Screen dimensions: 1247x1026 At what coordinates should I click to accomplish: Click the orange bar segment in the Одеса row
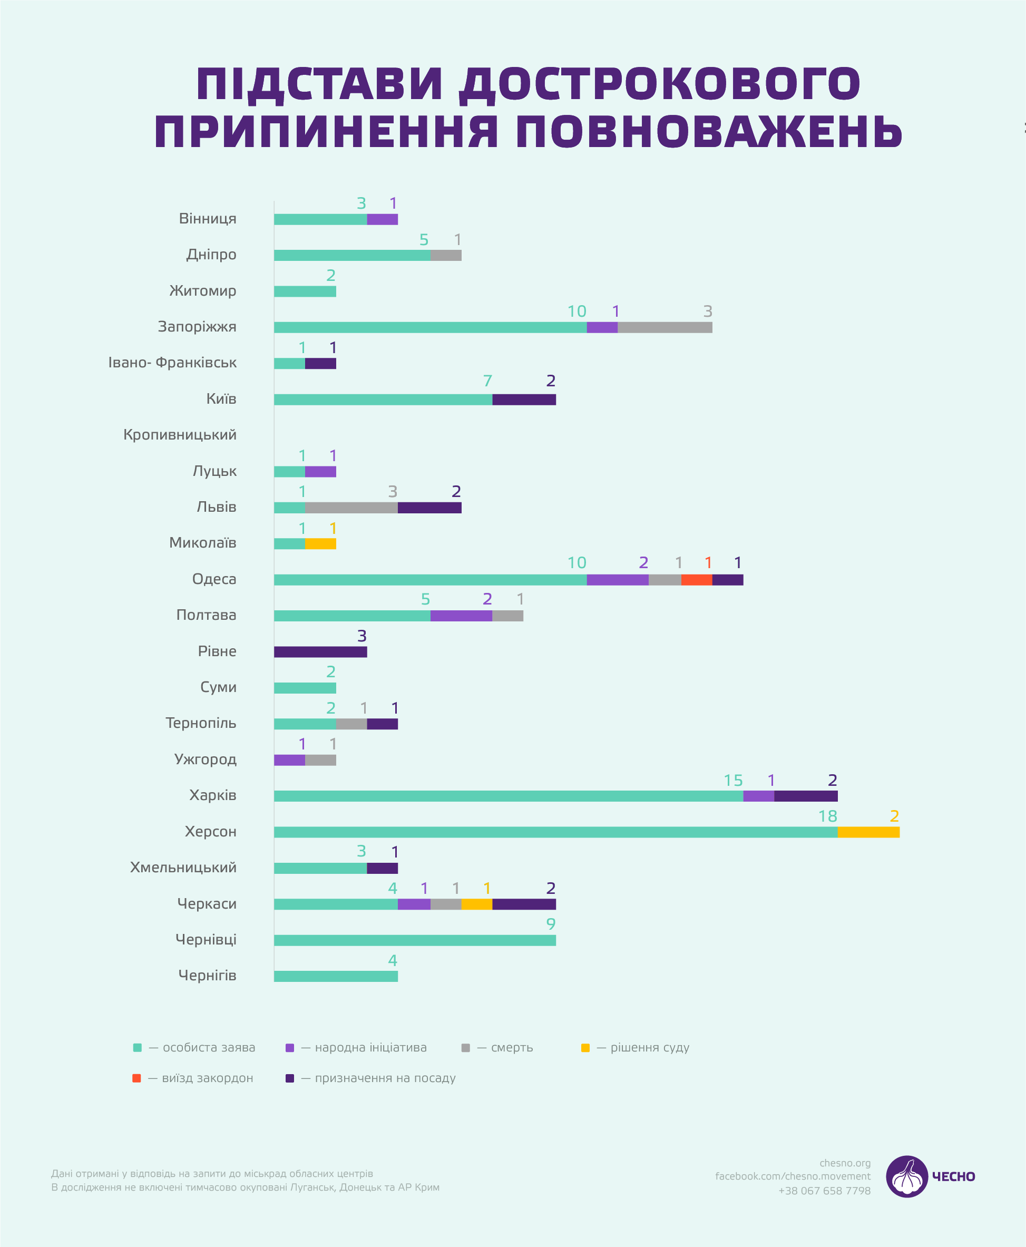click(x=696, y=580)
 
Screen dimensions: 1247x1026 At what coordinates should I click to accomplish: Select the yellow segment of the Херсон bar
click(x=868, y=832)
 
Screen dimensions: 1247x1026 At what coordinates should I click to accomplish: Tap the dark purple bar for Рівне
click(x=320, y=652)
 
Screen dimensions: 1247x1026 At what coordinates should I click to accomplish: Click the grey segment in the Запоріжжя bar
click(x=665, y=327)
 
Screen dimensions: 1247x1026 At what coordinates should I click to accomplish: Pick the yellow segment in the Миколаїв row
click(x=320, y=544)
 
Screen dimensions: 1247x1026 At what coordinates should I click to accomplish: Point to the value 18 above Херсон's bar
click(x=827, y=816)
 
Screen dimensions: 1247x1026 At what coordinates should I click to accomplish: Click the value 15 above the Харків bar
click(x=733, y=780)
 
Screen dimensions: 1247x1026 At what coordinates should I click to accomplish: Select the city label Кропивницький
click(x=180, y=435)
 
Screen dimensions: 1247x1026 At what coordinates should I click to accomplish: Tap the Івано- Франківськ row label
click(x=172, y=363)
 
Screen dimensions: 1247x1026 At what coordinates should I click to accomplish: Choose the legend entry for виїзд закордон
click(x=200, y=1078)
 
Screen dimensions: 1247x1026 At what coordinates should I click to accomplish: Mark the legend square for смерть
click(x=466, y=1048)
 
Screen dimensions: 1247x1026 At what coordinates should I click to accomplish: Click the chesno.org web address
click(x=845, y=1163)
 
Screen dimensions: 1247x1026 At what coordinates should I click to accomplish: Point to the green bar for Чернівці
click(x=414, y=940)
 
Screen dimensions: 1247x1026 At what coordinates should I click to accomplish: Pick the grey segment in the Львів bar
click(x=351, y=508)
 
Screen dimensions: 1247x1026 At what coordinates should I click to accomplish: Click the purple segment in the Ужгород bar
click(x=290, y=760)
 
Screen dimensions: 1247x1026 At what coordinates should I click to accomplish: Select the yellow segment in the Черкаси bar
click(x=476, y=904)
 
